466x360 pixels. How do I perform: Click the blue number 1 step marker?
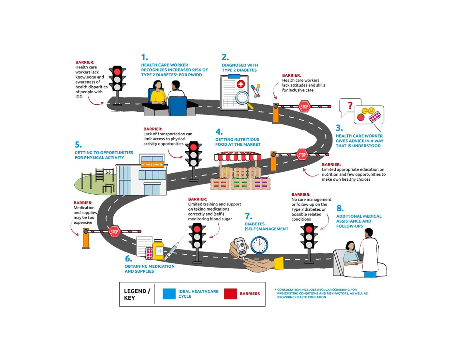coord(144,57)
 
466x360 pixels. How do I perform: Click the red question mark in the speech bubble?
coord(350,105)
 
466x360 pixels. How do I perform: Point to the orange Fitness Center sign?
coord(152,165)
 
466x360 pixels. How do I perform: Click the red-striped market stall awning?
coord(238,157)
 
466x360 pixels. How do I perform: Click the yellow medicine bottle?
coord(158,250)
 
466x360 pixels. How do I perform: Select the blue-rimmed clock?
coord(259,245)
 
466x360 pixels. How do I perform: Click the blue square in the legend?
coord(169,294)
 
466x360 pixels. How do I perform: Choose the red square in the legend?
coord(230,294)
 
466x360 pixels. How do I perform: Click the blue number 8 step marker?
coord(340,208)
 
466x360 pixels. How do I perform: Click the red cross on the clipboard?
coord(241,84)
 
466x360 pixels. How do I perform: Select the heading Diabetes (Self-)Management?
coord(266,226)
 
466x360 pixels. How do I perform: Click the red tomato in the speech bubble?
coord(361,117)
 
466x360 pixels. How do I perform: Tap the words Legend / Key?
coord(137,294)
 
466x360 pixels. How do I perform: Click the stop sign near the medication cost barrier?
coord(114,232)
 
